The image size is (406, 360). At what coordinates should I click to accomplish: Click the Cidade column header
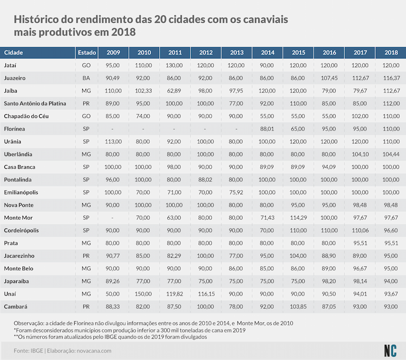pos(14,53)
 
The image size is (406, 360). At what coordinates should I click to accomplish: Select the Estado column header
pos(87,53)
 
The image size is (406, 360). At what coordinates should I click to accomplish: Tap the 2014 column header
pos(267,53)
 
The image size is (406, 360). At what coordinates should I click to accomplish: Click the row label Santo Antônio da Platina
pos(35,103)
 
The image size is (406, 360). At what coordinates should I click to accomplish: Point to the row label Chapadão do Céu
pos(26,116)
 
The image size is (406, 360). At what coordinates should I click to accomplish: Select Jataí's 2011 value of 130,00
pos(174,66)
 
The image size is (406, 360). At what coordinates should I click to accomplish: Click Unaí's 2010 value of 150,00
pos(143,294)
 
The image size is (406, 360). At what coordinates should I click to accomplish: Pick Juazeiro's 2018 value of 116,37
pos(391,78)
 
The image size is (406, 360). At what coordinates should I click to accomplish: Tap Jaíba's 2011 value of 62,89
pos(174,90)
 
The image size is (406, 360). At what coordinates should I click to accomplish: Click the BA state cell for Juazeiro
pos(86,78)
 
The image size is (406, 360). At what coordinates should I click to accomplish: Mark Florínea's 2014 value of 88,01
pos(267,129)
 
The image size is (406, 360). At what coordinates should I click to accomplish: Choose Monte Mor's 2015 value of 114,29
pos(298,218)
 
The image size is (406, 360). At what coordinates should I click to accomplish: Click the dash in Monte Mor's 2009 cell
pos(113,218)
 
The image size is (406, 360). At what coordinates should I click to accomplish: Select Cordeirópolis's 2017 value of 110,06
pos(360,230)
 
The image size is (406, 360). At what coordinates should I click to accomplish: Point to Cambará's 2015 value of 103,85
pos(298,306)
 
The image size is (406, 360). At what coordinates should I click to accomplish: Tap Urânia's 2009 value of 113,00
pos(113,141)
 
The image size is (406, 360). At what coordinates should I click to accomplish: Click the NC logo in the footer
pos(390,351)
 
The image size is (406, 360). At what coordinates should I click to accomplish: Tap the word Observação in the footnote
pos(29,323)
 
